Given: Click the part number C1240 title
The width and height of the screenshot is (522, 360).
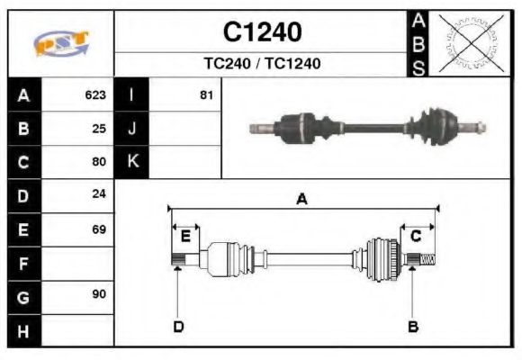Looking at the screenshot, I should (x=262, y=32).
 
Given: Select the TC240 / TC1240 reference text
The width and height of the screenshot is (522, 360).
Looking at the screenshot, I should (x=262, y=64).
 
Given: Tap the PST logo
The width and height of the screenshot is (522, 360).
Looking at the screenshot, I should (x=61, y=44).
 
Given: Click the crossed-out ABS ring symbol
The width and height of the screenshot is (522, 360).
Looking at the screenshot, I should (x=468, y=42).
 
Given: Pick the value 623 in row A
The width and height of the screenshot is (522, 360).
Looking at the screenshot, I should (x=95, y=94).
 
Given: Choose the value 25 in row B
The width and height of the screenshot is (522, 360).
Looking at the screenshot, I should (x=99, y=129).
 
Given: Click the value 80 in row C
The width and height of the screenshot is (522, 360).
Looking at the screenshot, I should (x=99, y=163).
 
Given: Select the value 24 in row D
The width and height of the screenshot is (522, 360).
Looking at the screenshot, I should (x=99, y=194).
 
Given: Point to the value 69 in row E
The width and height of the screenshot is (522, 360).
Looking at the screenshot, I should (x=99, y=229).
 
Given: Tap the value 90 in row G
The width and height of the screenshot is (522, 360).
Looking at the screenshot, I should (x=99, y=295).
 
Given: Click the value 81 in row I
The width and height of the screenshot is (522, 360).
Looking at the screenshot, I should (x=206, y=94).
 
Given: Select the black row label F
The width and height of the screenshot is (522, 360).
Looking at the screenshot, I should (x=23, y=264).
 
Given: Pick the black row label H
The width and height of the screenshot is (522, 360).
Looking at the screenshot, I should (x=23, y=331).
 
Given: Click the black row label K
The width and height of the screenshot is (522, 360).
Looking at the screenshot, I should (x=132, y=162).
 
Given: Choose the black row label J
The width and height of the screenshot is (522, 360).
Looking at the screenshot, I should (x=132, y=129).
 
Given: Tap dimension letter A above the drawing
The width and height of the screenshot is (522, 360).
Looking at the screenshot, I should (x=302, y=199).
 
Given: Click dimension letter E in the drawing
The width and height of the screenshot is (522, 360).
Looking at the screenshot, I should (x=185, y=237).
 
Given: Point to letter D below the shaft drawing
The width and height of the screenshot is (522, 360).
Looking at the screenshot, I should (x=178, y=327).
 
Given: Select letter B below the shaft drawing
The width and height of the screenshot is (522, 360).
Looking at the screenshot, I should (x=413, y=327).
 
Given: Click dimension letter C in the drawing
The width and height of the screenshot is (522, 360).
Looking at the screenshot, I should (x=416, y=237).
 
